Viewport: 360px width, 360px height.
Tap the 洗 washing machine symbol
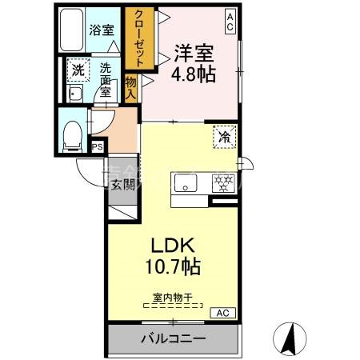tap(78, 70)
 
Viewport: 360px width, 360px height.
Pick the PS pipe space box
tap(98, 146)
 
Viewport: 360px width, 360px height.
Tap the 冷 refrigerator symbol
tap(225, 137)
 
